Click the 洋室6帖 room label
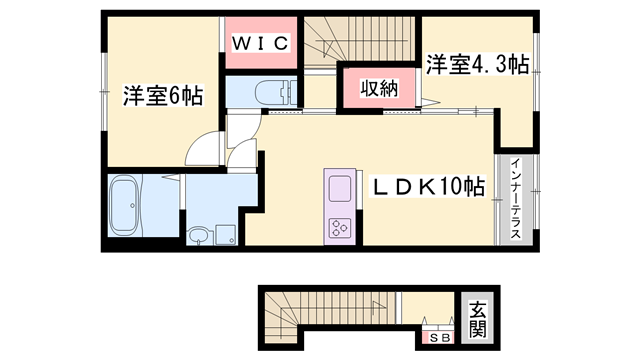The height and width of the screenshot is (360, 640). coord(163,96)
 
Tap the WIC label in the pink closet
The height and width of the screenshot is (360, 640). coord(262,43)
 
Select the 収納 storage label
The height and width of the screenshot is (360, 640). coord(380,88)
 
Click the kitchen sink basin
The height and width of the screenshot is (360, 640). coord(338,188)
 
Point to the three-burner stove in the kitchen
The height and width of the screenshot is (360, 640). coord(338,225)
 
